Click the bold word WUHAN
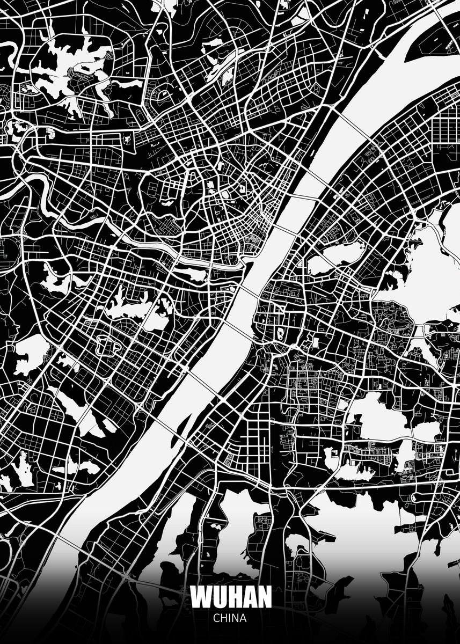230,597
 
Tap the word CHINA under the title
230,618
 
